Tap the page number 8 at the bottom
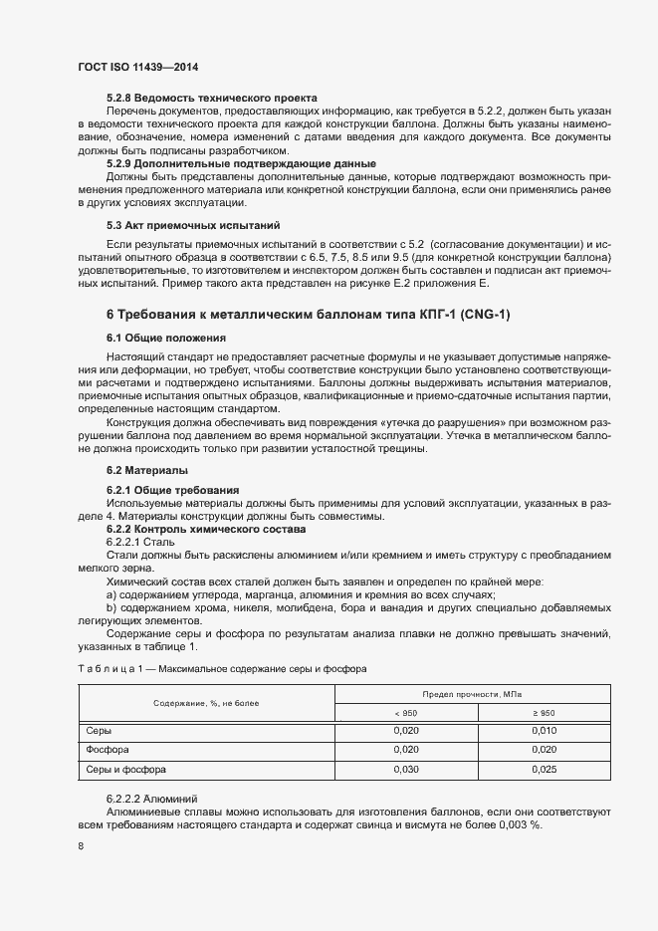pos(81,845)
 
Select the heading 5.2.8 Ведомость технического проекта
pos(212,98)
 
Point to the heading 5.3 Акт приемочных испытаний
pos(193,225)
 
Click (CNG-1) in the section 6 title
pos(479,316)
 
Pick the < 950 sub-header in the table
pos(405,713)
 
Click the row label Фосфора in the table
pos(109,750)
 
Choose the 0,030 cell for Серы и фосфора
pos(405,769)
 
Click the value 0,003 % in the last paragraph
pos(520,825)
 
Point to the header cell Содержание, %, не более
pos(206,703)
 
